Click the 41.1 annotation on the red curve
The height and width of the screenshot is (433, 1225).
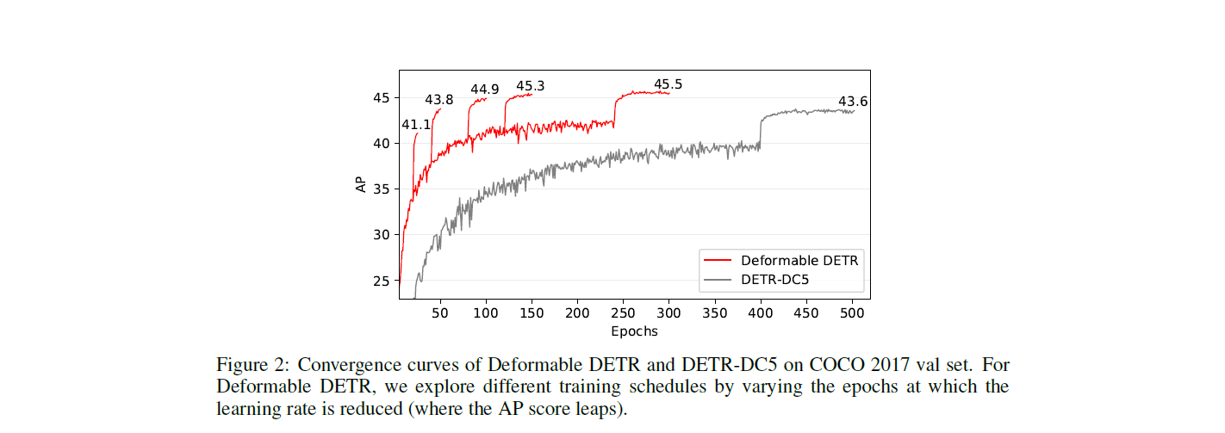(416, 125)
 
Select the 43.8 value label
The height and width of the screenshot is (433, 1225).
(438, 100)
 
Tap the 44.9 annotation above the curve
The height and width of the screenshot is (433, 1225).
(484, 89)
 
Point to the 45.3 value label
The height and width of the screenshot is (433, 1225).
(530, 86)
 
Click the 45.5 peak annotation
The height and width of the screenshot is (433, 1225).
(668, 84)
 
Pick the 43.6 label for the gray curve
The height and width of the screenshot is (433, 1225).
(853, 102)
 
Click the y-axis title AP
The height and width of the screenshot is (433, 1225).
(362, 183)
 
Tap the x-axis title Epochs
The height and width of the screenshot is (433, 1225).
(634, 331)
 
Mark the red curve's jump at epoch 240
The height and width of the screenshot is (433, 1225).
(614, 110)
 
